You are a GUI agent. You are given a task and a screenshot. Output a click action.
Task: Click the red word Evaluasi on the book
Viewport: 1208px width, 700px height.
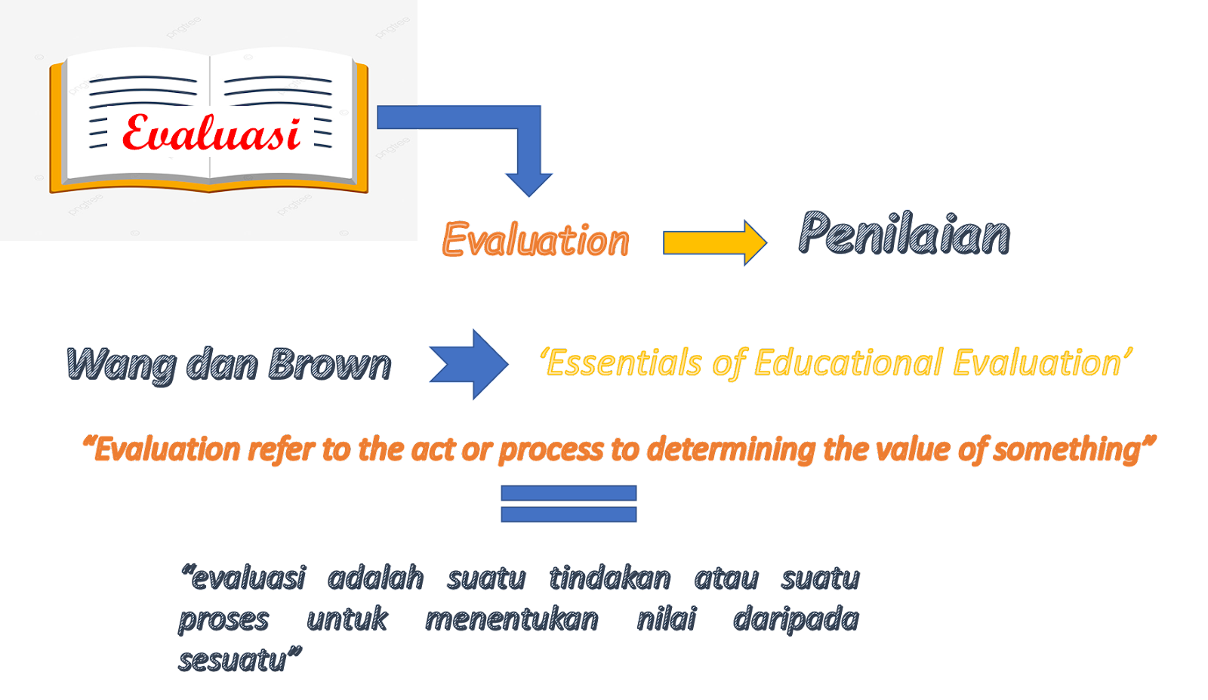(x=211, y=134)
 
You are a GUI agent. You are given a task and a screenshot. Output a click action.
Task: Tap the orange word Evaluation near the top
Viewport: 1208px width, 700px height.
(x=535, y=241)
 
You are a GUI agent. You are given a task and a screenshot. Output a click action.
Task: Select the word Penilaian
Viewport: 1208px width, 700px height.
(x=904, y=233)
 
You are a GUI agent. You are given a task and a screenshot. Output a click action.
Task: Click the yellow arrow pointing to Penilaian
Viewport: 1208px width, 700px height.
(x=714, y=242)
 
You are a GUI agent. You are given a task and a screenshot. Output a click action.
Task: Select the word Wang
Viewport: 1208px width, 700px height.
(x=121, y=365)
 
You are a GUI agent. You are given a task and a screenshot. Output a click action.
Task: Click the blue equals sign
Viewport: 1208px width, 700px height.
(x=569, y=504)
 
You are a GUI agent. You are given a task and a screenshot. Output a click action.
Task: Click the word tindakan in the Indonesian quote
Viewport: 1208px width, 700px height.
(x=610, y=578)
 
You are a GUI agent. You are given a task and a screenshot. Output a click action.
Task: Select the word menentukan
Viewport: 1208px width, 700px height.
(x=512, y=619)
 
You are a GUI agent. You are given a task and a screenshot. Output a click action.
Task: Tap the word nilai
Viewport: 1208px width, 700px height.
(x=666, y=619)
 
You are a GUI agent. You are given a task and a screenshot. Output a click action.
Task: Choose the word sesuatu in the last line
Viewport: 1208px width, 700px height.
(x=234, y=660)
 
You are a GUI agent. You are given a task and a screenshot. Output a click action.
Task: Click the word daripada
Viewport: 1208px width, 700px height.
(x=796, y=619)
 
